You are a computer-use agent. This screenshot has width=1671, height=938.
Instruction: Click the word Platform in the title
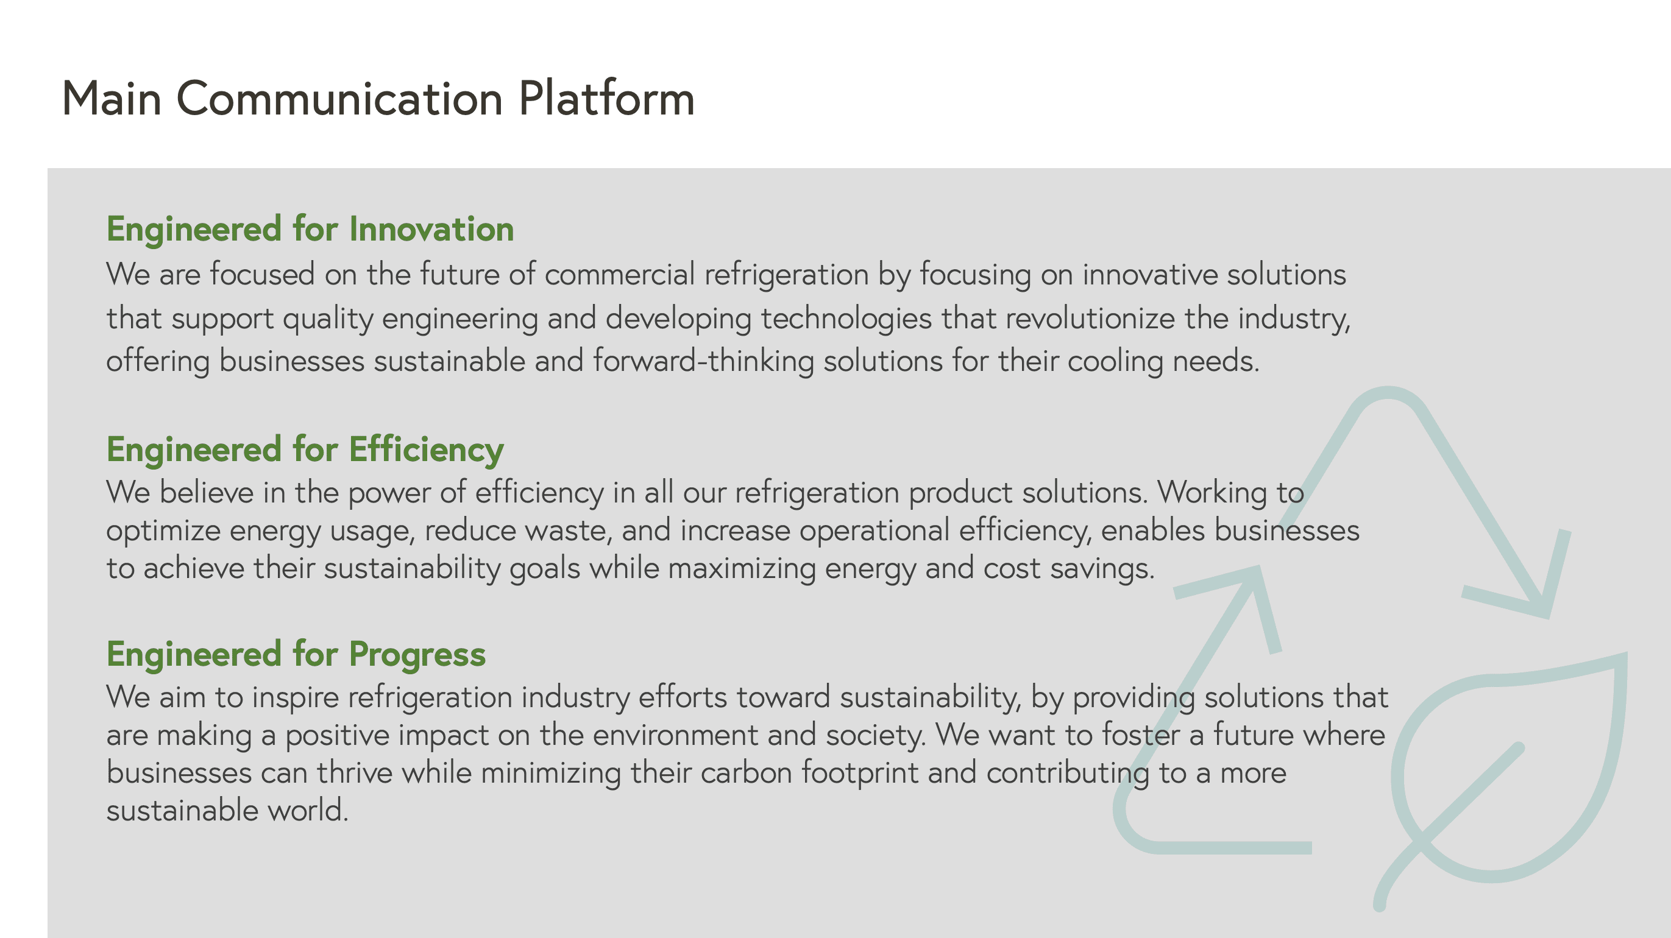pyautogui.click(x=606, y=99)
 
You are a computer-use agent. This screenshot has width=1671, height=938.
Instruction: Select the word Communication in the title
pyautogui.click(x=339, y=99)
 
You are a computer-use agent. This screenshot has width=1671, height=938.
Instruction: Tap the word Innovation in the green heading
pyautogui.click(x=431, y=229)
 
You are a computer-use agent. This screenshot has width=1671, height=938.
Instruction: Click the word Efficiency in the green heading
pyautogui.click(x=426, y=450)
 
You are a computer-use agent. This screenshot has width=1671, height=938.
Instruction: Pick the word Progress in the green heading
pyautogui.click(x=417, y=654)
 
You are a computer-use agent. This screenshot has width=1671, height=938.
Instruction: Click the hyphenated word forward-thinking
pyautogui.click(x=703, y=361)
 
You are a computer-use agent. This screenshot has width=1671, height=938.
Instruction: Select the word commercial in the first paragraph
pyautogui.click(x=620, y=274)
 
